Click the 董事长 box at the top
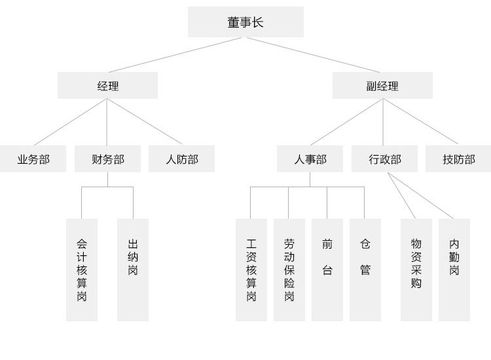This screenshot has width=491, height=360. click(x=245, y=22)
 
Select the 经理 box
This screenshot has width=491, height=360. click(x=107, y=86)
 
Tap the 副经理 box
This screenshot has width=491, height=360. click(x=382, y=86)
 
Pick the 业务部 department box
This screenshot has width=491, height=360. click(x=33, y=159)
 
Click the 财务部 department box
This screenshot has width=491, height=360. click(x=107, y=159)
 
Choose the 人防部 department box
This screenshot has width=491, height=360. click(x=181, y=159)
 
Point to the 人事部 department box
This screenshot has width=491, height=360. click(x=310, y=159)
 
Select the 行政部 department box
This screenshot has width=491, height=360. click(x=384, y=159)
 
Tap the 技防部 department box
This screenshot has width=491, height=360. click(x=458, y=159)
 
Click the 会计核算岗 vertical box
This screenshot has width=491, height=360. click(x=82, y=270)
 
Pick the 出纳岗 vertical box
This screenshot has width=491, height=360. click(x=133, y=270)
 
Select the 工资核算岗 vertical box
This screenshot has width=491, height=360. click(x=251, y=270)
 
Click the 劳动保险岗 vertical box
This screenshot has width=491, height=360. click(x=289, y=270)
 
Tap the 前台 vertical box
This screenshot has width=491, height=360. click(x=327, y=270)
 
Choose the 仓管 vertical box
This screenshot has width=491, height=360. click(x=365, y=270)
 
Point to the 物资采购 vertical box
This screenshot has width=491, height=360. click(x=416, y=270)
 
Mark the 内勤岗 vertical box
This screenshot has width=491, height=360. click(x=454, y=270)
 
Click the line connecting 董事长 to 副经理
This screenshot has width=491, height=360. click(x=313, y=54)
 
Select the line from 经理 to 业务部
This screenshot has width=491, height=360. click(x=71, y=122)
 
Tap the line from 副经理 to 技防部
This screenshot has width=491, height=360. click(x=420, y=122)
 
